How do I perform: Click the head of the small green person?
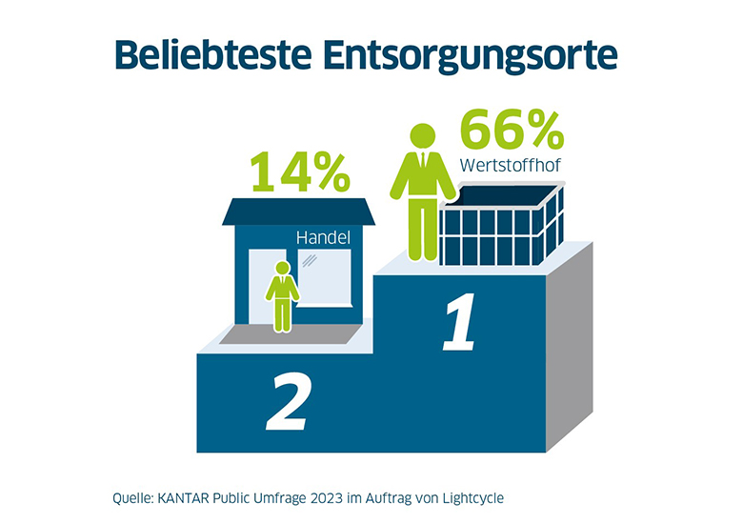click(282, 269)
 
